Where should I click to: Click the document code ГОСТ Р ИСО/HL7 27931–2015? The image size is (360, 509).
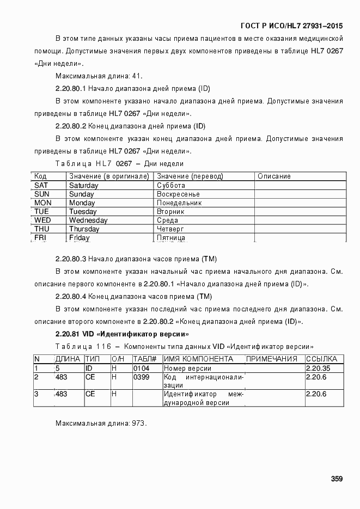(291, 26)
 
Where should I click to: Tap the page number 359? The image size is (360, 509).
(337, 479)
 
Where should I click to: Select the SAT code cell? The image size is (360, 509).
(41, 186)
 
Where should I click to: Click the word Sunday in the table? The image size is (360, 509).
(81, 194)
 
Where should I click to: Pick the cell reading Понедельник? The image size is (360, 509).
(179, 203)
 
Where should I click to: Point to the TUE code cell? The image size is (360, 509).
(42, 212)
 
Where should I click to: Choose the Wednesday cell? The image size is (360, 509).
(88, 220)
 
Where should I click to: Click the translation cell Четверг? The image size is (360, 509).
(170, 229)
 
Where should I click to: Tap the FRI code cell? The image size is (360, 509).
(40, 238)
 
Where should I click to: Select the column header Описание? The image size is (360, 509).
(274, 176)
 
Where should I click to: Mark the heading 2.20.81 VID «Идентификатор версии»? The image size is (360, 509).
(122, 334)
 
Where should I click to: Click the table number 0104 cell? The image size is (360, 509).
(141, 369)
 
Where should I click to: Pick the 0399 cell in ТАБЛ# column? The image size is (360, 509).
(141, 377)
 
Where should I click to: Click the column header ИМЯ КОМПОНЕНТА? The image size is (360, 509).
(198, 359)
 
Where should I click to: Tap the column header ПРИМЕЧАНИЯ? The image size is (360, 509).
(272, 359)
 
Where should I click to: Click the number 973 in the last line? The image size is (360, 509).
(139, 423)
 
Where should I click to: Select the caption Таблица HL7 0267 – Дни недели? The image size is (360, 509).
(119, 163)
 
